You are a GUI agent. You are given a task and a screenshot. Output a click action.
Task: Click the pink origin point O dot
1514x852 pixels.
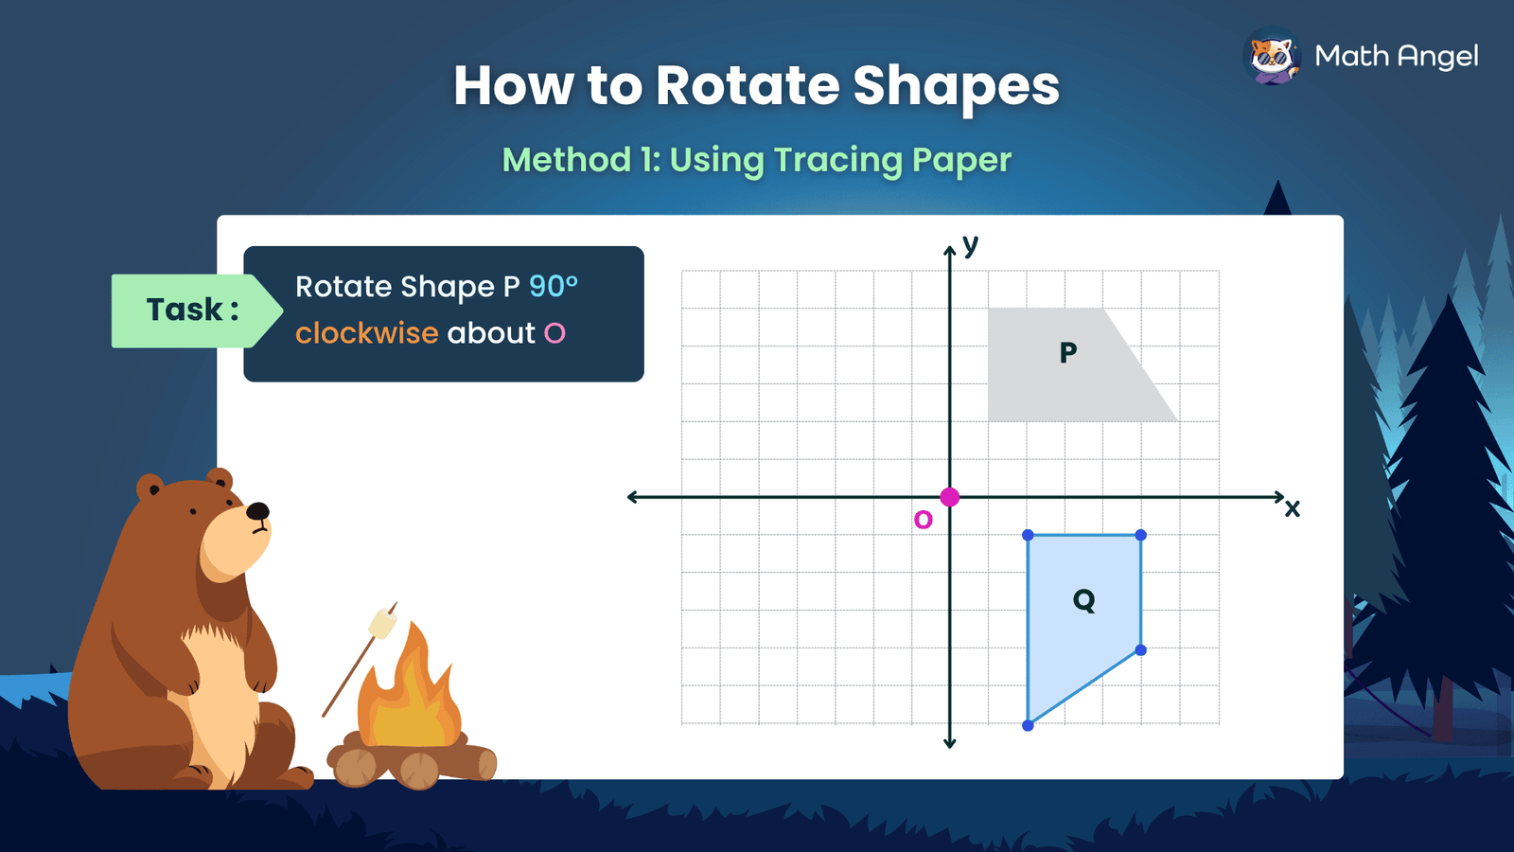(950, 497)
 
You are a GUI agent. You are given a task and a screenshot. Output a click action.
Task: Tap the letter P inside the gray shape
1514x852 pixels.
(1068, 353)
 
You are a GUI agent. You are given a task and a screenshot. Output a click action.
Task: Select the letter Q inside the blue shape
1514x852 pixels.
(1084, 600)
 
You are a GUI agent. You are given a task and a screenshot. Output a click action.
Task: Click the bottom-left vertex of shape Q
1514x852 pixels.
(1028, 725)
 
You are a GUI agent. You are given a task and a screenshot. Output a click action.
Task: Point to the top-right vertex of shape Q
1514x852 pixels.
(1140, 536)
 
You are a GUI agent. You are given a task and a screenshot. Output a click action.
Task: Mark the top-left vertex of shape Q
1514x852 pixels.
(1028, 536)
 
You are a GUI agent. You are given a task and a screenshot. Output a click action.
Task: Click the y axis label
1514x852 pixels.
(970, 244)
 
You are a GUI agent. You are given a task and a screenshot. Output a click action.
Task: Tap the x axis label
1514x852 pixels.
(1293, 508)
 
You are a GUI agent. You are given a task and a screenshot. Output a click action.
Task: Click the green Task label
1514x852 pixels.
(192, 311)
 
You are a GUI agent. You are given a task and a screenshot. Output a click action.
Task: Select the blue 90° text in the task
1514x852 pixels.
(554, 286)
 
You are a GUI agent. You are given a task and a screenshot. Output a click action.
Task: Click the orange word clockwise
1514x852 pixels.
(367, 333)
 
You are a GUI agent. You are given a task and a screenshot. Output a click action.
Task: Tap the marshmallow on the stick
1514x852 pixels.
(382, 623)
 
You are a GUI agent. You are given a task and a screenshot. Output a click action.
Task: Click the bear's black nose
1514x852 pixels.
(257, 512)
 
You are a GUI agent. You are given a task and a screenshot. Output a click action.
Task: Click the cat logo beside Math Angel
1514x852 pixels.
(1272, 57)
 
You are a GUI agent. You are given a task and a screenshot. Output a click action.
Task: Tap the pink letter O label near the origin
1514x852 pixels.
(924, 520)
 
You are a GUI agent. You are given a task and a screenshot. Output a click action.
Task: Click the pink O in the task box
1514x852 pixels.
(555, 333)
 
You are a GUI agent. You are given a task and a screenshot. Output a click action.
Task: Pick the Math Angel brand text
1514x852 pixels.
(1397, 57)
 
